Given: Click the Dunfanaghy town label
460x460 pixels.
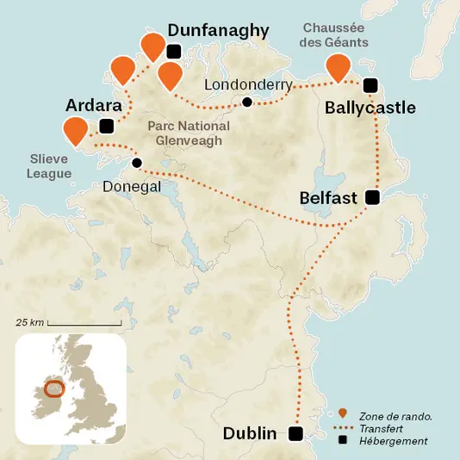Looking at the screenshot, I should [218, 31].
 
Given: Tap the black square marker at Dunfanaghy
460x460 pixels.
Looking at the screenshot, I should [174, 51].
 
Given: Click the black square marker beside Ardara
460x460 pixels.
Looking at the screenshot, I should [106, 127].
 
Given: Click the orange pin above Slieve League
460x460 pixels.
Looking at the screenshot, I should [76, 130].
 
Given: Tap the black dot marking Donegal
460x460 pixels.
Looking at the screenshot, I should [136, 163].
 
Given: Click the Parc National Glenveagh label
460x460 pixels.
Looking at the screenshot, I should [189, 134].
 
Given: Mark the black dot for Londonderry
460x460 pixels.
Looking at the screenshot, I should [247, 103].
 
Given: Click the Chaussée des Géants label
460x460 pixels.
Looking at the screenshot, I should [335, 34].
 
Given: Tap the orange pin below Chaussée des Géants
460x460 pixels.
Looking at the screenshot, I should [337, 66].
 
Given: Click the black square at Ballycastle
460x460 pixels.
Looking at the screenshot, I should [370, 84].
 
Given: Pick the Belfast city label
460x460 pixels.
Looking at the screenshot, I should [328, 199].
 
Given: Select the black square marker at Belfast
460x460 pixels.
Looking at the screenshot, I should [372, 198].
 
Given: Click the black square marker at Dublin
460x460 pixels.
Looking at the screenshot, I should [296, 433].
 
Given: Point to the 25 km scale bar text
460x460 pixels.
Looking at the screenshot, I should [29, 322].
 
